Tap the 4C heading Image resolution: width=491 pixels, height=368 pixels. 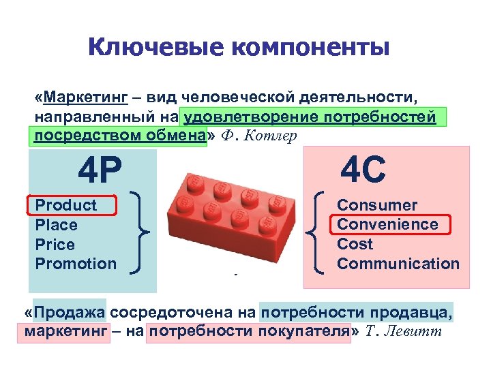pos(363,170)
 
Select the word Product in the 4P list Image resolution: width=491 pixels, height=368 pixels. pos(66,205)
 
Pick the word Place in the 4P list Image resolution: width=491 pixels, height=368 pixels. pos(57,225)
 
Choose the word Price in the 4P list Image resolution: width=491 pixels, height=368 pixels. pos(55,245)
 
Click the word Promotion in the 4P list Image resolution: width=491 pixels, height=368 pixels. pos(76,264)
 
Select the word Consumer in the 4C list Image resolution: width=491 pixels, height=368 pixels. pos(377,205)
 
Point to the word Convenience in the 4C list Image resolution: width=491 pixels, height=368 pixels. pos(388,224)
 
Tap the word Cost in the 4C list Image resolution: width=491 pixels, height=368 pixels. pos(355,244)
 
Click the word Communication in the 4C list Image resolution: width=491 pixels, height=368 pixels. pos(398,264)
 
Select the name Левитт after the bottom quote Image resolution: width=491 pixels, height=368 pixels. pos(413,332)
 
